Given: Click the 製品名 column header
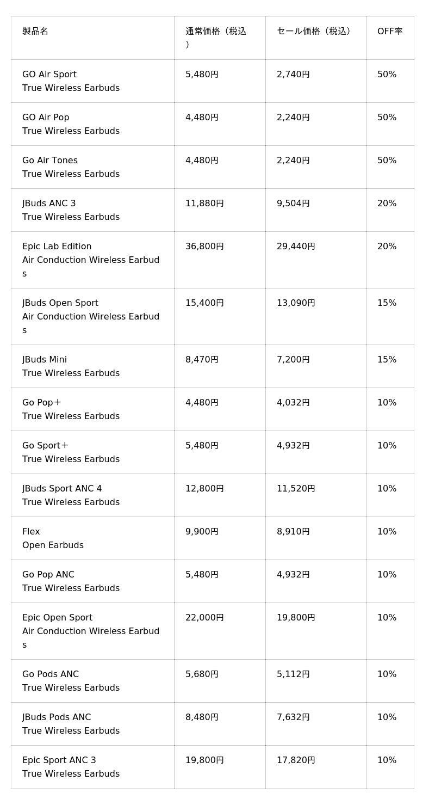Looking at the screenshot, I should (35, 32).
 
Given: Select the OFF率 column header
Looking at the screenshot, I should (390, 32).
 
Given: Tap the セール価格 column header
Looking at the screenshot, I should (314, 32).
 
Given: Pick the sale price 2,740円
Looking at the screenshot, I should (293, 75).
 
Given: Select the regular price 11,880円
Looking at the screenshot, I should (204, 204).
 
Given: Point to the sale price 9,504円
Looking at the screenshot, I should (293, 204).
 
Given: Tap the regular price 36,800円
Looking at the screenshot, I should (204, 247).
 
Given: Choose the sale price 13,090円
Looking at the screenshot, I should (296, 303).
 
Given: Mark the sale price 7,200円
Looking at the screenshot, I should (293, 360).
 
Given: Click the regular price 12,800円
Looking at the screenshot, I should (204, 489).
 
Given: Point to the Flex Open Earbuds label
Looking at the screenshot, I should (53, 538).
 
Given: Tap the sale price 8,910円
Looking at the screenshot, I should (293, 532).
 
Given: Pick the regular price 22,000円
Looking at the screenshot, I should (204, 618).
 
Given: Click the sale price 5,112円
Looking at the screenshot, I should (293, 674).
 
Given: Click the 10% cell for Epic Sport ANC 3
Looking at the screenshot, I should (387, 760).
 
